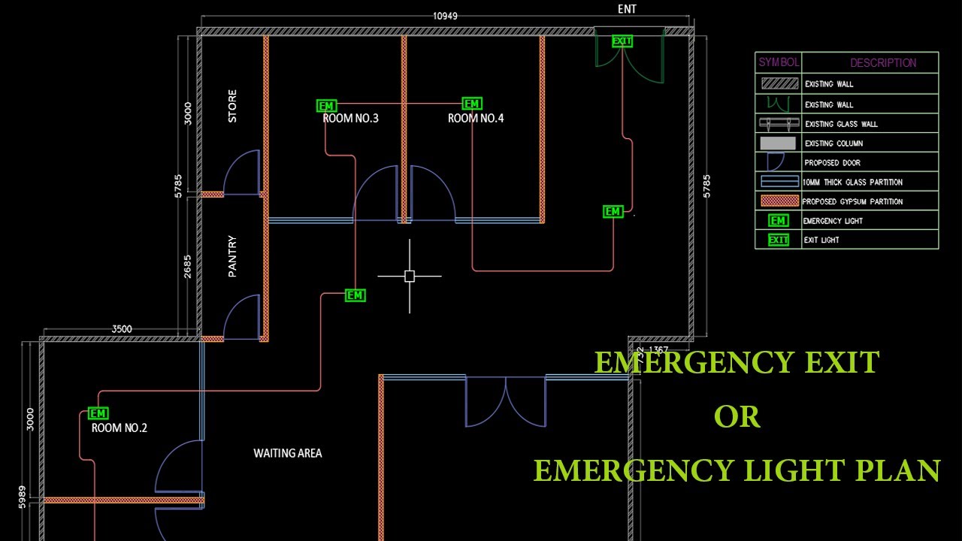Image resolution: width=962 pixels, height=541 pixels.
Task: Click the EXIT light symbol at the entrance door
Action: point(622,41)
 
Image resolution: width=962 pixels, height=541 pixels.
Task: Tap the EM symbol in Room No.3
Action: point(326,106)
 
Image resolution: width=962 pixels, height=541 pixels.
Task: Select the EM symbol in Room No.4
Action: point(471,104)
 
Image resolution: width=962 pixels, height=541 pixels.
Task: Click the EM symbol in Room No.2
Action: point(98,413)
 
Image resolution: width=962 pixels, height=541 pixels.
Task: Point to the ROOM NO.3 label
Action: point(350,119)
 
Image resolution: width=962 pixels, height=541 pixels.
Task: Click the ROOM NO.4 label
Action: point(476,119)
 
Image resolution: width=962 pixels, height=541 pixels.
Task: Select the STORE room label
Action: point(232,106)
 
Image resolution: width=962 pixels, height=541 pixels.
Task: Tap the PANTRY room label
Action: point(232,256)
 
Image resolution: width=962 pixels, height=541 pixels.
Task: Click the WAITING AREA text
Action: point(287,453)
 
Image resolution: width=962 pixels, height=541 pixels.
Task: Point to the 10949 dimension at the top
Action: point(445,16)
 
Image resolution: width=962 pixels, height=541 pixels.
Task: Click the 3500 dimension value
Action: point(122,329)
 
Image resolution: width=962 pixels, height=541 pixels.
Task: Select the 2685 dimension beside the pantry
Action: point(188,267)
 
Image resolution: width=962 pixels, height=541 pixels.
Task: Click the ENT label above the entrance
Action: point(627,9)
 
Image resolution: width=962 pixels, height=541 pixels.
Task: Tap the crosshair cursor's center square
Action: point(410,277)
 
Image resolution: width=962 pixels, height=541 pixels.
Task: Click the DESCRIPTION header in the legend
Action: point(883,63)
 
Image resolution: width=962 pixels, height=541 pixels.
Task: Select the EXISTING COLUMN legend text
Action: point(833,144)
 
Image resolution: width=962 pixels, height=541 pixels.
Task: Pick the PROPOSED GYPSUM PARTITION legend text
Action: point(852,201)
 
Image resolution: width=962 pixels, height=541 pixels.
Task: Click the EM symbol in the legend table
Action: point(778,221)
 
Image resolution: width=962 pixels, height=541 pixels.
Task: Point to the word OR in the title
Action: point(737,417)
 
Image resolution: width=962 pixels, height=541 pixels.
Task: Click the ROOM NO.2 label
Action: point(119,428)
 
